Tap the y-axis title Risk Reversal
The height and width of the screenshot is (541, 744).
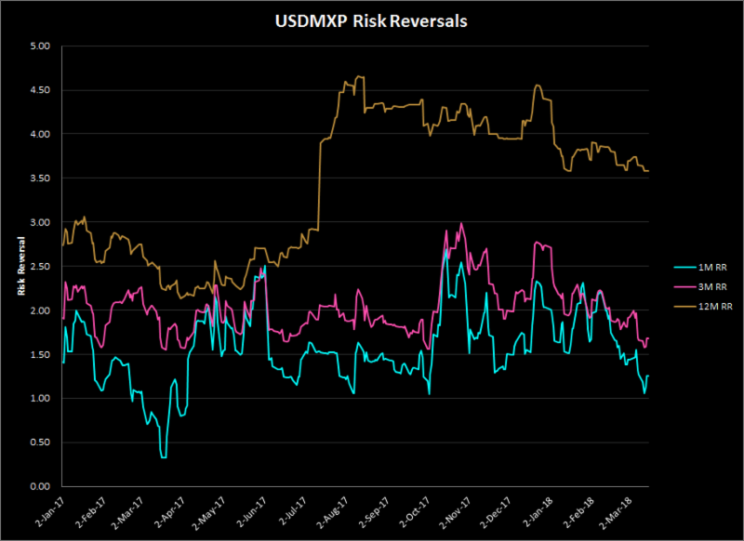click(x=20, y=266)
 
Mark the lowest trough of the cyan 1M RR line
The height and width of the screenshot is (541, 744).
click(x=164, y=457)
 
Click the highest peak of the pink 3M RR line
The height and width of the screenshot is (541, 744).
click(x=462, y=223)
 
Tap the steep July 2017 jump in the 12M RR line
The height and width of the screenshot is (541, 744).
click(x=319, y=186)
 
